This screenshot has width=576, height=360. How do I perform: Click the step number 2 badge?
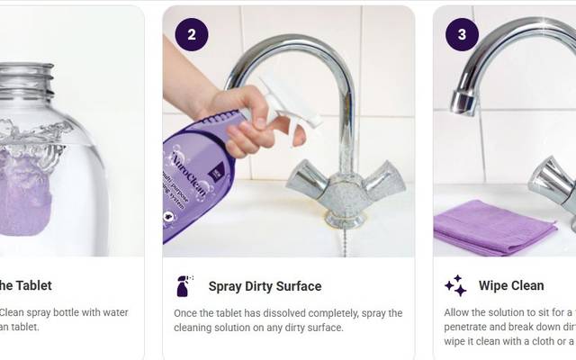[x=191, y=35]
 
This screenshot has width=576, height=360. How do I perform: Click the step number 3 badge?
[x=462, y=35]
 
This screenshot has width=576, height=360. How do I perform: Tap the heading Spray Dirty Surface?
[x=265, y=286]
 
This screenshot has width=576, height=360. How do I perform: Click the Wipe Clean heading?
[x=510, y=286]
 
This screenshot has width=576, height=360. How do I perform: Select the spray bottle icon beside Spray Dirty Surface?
[x=184, y=286]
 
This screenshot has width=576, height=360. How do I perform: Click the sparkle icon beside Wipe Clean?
[x=455, y=286]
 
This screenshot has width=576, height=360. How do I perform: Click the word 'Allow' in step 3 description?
[x=459, y=313]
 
